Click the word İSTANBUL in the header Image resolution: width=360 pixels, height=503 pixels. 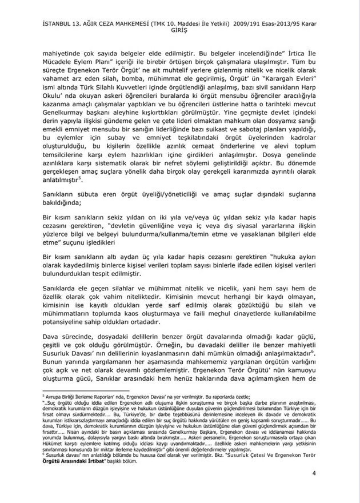tap(53, 23)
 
